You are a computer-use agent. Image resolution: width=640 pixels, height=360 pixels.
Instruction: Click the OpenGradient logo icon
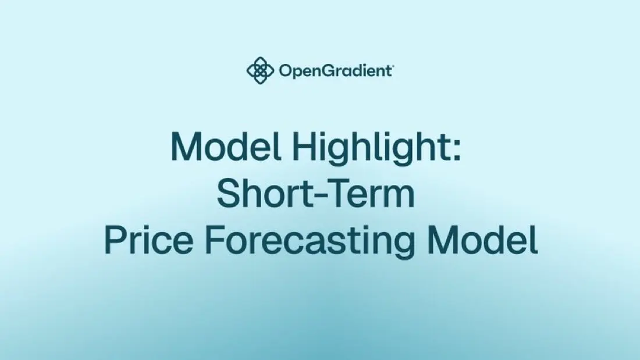(x=260, y=70)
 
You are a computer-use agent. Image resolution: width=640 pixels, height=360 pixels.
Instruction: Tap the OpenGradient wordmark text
(x=335, y=71)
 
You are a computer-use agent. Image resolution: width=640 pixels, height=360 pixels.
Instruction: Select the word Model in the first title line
(x=226, y=147)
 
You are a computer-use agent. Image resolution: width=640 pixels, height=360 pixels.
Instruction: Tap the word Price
(x=148, y=240)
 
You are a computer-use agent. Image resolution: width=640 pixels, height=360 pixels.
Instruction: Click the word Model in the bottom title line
(x=483, y=240)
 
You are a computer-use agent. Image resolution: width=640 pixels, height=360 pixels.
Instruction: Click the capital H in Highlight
(x=304, y=147)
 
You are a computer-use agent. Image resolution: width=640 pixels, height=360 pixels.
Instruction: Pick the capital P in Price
(x=115, y=240)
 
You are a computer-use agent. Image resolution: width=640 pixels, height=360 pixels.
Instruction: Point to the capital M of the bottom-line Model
(x=442, y=240)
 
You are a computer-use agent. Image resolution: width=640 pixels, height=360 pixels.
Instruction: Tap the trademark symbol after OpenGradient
(x=392, y=65)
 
